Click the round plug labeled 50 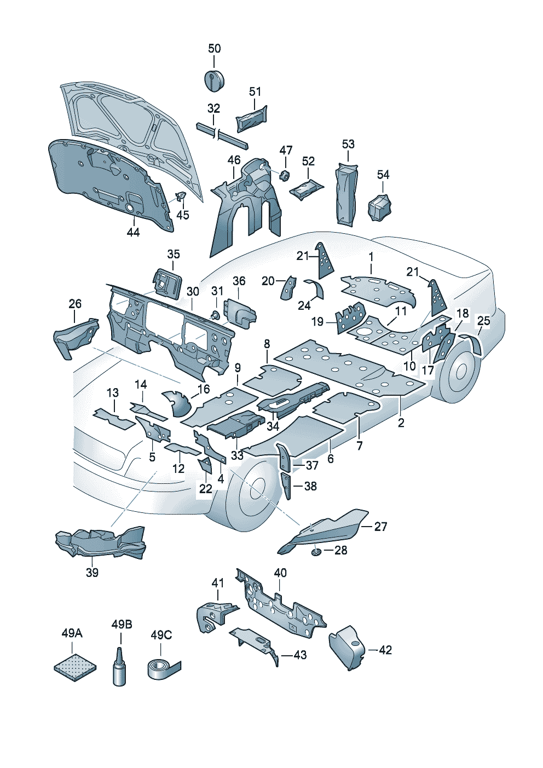coord(214,80)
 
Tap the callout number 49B coord(122,625)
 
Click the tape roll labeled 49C coord(162,669)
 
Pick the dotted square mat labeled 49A coord(76,666)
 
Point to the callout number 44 coord(133,232)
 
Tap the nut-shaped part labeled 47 coord(284,175)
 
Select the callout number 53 coord(348,144)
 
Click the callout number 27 coord(381,527)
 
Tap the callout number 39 coord(92,573)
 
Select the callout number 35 coord(174,254)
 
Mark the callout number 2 coord(401,423)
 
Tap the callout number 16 coord(204,389)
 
